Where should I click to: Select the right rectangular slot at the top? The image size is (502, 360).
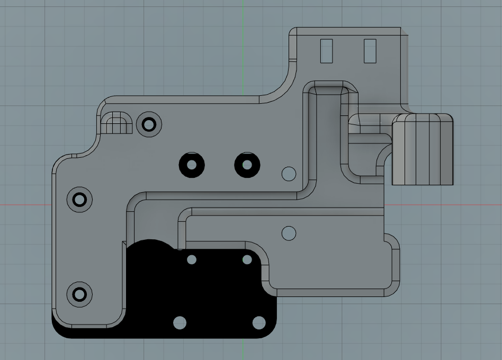(370, 51)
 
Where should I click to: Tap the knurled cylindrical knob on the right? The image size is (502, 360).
(423, 149)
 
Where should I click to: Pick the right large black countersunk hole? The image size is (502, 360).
(247, 165)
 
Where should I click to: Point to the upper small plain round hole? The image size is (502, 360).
(289, 173)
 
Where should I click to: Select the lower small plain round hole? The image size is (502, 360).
(289, 232)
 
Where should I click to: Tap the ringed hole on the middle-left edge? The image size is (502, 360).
(79, 200)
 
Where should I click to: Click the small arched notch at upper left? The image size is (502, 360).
(116, 124)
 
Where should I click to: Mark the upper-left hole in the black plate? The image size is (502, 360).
(192, 259)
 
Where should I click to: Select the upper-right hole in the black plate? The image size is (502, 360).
(247, 259)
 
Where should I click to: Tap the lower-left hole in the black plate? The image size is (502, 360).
(180, 322)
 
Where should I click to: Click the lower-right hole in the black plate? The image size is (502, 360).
(258, 322)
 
